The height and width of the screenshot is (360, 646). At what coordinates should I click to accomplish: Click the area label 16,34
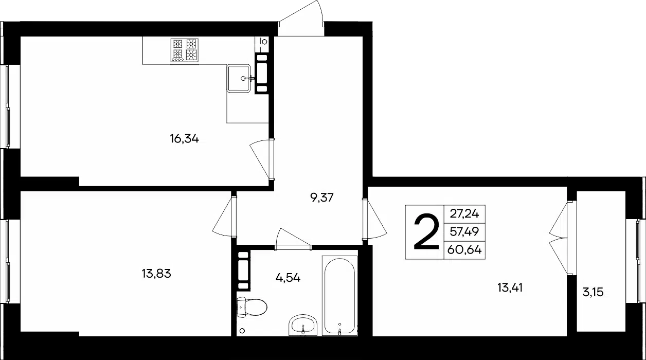coord(184,139)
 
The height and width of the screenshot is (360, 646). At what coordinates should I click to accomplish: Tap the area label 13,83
coord(156,274)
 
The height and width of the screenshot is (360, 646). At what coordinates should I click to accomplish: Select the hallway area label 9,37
coord(322,198)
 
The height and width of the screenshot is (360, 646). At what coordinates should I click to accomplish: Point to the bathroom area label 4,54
coord(288,278)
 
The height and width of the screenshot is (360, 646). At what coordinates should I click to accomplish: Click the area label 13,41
coord(510,287)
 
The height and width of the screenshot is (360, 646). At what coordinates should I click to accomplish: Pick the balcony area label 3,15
coord(593,292)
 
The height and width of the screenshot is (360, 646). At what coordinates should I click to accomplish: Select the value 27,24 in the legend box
coord(464,214)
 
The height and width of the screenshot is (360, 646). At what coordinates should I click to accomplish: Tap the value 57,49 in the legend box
coord(464,231)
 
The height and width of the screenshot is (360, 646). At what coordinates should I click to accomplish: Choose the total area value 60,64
coord(464,250)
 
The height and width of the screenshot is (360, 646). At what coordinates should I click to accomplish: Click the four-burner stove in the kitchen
coord(185,50)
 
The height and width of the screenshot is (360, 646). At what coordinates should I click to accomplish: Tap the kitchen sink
coord(239,78)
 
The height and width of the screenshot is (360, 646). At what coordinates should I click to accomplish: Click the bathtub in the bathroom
coord(340,295)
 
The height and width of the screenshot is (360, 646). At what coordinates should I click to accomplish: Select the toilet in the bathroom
coord(252,307)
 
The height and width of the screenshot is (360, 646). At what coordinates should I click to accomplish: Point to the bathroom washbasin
coord(303,325)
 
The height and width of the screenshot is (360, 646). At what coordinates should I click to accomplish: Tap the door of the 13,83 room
coord(224,217)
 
